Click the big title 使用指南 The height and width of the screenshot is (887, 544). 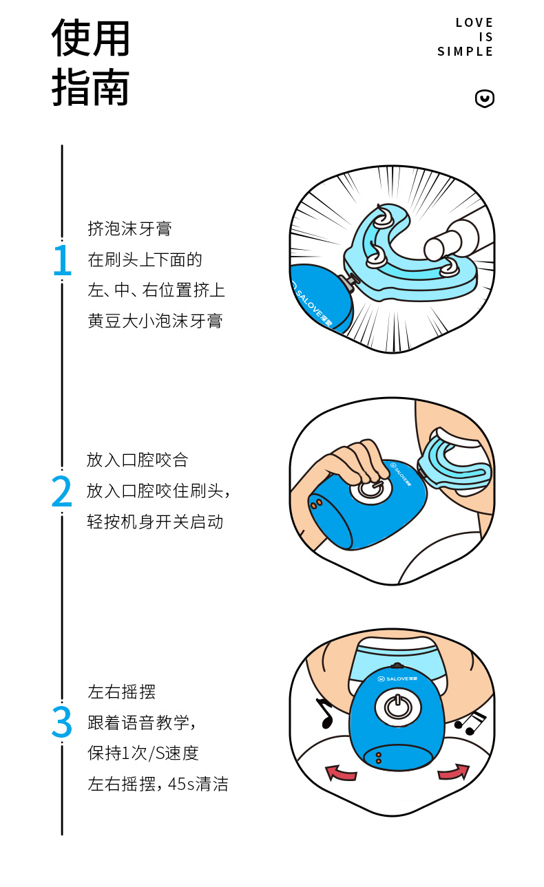click(x=90, y=62)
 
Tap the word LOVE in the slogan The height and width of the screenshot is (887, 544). click(x=474, y=23)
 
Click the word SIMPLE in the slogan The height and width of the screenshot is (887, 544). click(x=465, y=52)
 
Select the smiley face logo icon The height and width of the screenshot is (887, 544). click(x=485, y=98)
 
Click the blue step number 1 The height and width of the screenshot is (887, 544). click(x=63, y=259)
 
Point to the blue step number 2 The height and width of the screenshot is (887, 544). click(x=62, y=491)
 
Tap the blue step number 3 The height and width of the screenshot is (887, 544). click(x=62, y=723)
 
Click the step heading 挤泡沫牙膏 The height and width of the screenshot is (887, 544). click(x=129, y=229)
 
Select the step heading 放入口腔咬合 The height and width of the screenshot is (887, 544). click(x=137, y=460)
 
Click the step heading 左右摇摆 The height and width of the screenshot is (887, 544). click(x=122, y=692)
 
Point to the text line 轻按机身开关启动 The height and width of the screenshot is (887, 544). click(x=155, y=522)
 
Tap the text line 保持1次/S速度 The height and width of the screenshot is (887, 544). click(x=143, y=753)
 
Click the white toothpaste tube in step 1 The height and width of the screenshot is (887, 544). click(x=451, y=239)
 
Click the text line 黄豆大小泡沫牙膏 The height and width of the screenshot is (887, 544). click(x=155, y=321)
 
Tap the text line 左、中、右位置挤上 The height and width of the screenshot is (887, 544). click(x=156, y=290)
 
